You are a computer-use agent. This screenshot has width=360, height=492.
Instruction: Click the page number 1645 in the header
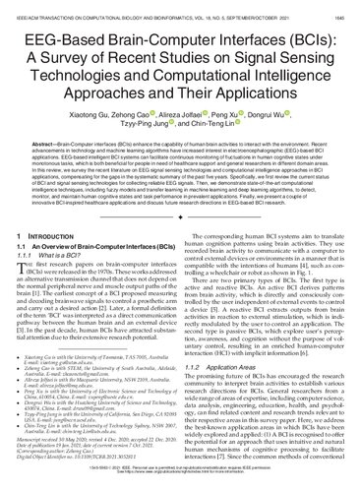click(342, 7)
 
